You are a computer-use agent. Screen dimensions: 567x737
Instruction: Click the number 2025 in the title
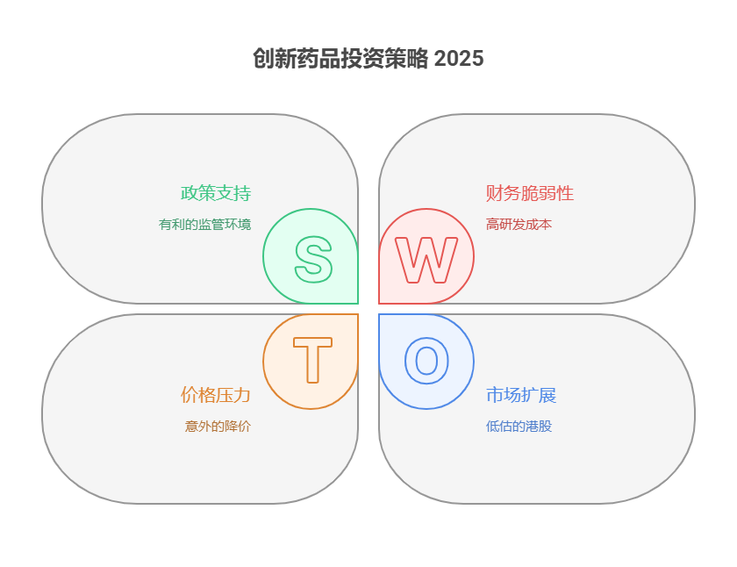click(459, 59)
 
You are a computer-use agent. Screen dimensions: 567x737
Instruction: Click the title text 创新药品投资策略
click(341, 59)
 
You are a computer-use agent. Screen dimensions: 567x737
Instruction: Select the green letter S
click(313, 259)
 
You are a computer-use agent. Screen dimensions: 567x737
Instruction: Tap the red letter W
click(426, 259)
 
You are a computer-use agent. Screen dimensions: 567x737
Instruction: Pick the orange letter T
click(312, 361)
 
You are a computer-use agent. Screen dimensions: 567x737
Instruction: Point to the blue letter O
click(426, 361)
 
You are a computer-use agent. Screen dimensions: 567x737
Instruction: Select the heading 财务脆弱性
click(530, 193)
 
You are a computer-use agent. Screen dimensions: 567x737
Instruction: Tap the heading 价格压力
click(216, 395)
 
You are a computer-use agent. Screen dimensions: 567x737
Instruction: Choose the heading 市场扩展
click(521, 395)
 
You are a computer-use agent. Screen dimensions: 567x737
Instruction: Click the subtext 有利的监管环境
click(204, 225)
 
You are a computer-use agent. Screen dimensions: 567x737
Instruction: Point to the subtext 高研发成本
click(519, 225)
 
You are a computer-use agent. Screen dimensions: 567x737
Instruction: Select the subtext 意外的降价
click(218, 427)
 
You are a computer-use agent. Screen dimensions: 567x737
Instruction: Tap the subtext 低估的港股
click(519, 427)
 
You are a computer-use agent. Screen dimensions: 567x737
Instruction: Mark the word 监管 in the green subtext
click(211, 225)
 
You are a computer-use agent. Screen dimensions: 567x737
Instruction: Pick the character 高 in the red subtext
click(492, 225)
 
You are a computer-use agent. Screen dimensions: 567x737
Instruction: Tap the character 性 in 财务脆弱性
click(565, 193)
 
